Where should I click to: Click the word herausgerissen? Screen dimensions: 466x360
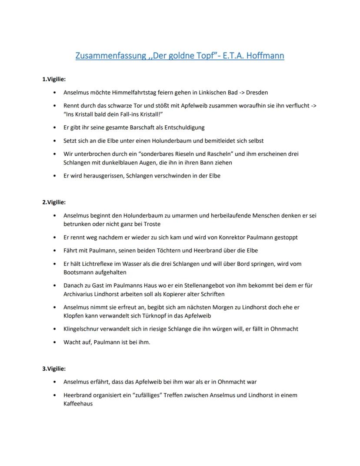tap(101, 176)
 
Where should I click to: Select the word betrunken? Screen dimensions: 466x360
tap(77, 224)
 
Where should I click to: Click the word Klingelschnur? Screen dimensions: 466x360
tap(83, 329)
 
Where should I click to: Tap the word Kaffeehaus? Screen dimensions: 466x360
tap(78, 404)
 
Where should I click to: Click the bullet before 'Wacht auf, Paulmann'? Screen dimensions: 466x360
tap(54, 342)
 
